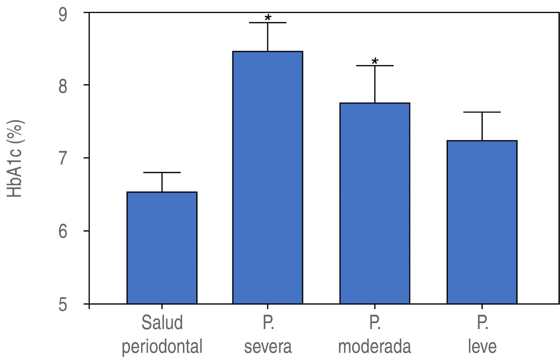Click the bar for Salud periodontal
162,248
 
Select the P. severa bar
268,178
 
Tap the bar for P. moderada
375,203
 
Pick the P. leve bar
482,222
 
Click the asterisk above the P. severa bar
268,18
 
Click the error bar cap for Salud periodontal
162,173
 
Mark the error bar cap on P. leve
482,112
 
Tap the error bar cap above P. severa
268,23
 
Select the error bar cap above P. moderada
375,66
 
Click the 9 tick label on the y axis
63,15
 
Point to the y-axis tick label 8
63,86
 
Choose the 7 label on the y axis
63,159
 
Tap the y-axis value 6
63,231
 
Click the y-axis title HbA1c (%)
15,158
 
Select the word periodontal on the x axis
162,347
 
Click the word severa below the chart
268,347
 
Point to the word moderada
374,347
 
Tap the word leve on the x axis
482,347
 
